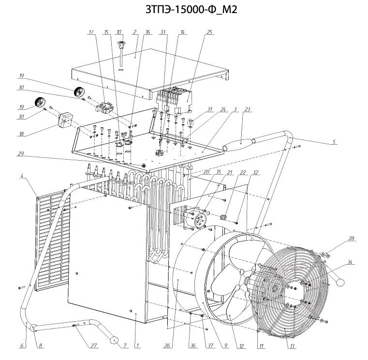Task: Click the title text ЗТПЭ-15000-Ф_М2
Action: (191, 9)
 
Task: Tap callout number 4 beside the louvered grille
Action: (22, 176)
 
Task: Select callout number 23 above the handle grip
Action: (247, 109)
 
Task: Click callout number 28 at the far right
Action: (351, 239)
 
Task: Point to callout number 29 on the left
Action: (21, 154)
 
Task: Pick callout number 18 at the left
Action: (21, 134)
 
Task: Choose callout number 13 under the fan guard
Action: (292, 346)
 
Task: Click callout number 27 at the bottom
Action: (94, 345)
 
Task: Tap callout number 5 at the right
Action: (334, 142)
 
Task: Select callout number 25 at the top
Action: (209, 32)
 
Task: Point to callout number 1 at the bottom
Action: (137, 345)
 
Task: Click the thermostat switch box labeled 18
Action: (65, 120)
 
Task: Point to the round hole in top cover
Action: (121, 70)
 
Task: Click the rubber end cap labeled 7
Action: (114, 341)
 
